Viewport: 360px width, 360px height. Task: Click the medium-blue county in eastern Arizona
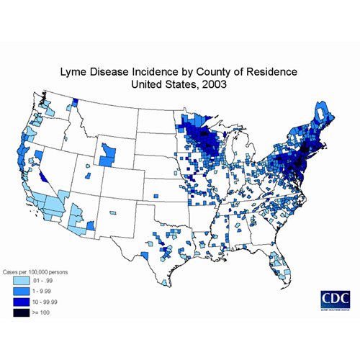(91, 226)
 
